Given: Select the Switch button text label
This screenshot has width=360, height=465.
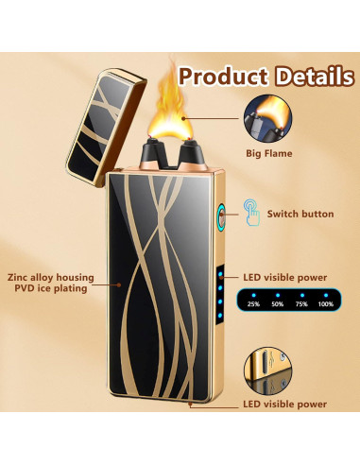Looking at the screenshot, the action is point(300,215).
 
